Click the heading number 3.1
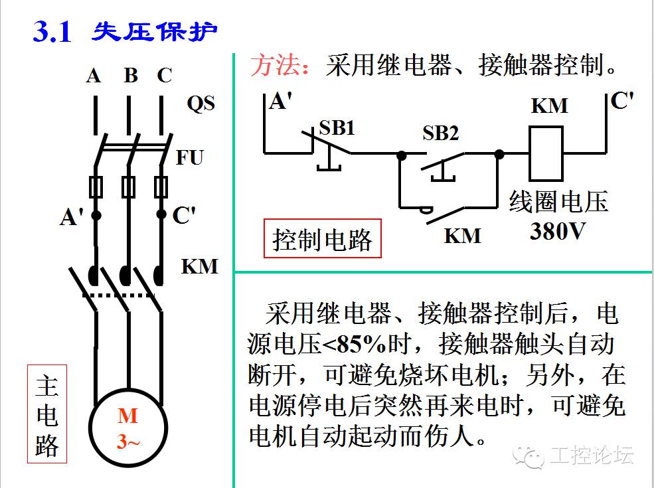tap(52, 31)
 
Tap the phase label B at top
tap(131, 76)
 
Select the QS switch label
tap(201, 104)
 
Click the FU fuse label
tap(190, 158)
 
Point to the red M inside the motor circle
tap(127, 416)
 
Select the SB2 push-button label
tap(441, 133)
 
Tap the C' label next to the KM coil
tap(622, 101)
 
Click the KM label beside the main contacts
tap(199, 266)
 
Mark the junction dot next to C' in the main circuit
tap(161, 214)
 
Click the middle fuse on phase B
tap(129, 187)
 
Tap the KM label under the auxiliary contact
tap(462, 236)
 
